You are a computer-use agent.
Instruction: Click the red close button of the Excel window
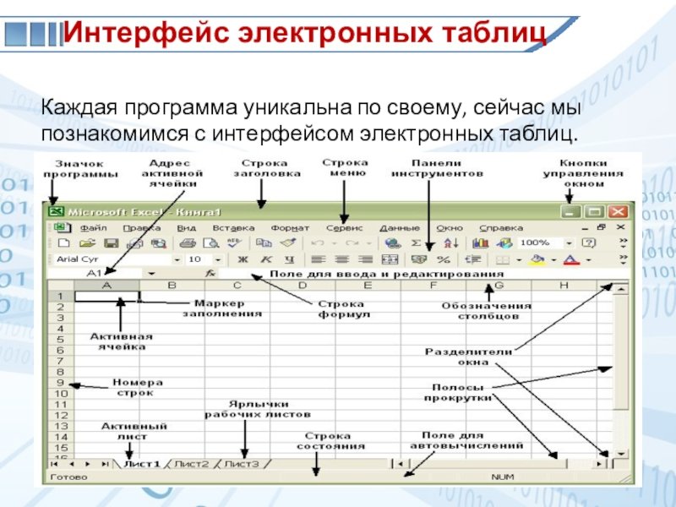click(x=619, y=212)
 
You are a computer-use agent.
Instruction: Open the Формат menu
click(x=290, y=228)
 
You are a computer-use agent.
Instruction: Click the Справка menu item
click(x=501, y=228)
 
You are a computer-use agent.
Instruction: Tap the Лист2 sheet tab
click(x=192, y=464)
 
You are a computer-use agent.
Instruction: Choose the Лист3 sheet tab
click(x=242, y=464)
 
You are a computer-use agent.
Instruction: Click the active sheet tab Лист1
click(x=141, y=464)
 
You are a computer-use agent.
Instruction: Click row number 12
click(x=61, y=415)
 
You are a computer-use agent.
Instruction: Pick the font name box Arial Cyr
click(x=110, y=259)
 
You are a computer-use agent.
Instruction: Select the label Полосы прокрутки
click(x=458, y=392)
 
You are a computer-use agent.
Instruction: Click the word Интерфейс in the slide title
click(x=147, y=34)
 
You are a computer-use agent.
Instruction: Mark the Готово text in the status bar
click(x=65, y=478)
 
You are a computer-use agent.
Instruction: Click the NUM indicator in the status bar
click(x=502, y=478)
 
